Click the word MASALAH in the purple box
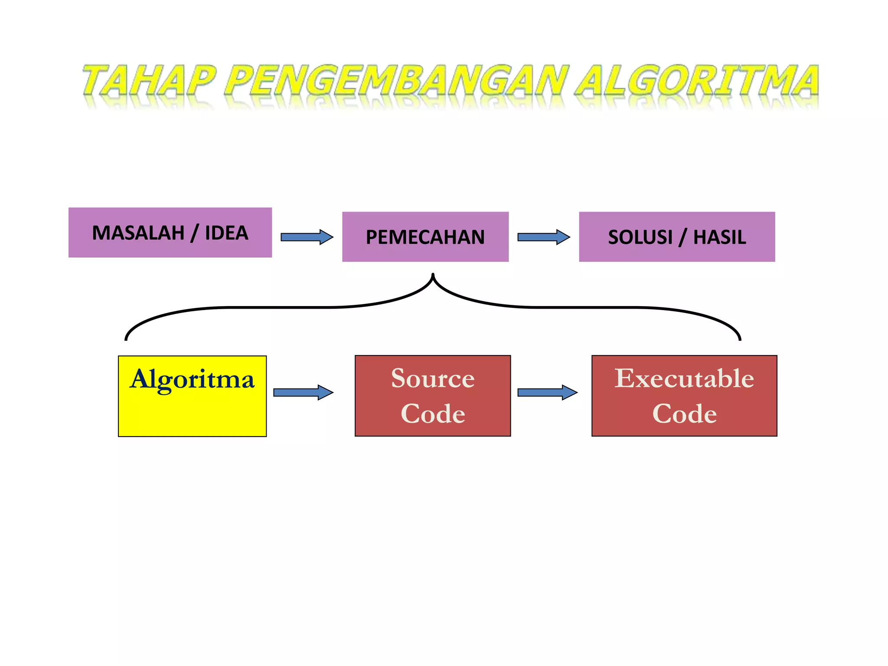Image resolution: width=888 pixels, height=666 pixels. (138, 233)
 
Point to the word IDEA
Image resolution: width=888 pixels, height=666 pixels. (226, 233)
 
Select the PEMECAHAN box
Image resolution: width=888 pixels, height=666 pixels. (425, 237)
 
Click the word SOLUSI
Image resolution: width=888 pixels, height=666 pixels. (640, 237)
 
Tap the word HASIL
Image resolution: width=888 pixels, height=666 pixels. (720, 237)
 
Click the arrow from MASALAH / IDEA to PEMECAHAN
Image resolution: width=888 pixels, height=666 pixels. (307, 237)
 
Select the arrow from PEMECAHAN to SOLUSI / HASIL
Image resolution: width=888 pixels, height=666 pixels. (544, 237)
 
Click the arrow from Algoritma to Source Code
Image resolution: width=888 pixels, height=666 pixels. (303, 392)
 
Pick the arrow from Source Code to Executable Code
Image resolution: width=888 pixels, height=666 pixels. (547, 392)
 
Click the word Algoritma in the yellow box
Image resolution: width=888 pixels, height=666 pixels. (192, 379)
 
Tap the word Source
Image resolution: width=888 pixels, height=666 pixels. (433, 378)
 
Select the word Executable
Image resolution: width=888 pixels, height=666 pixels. (684, 378)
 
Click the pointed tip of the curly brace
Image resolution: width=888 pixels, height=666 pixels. (433, 275)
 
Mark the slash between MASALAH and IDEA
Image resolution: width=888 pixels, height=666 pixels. (195, 233)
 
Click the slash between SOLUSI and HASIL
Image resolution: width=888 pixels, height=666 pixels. (683, 238)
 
